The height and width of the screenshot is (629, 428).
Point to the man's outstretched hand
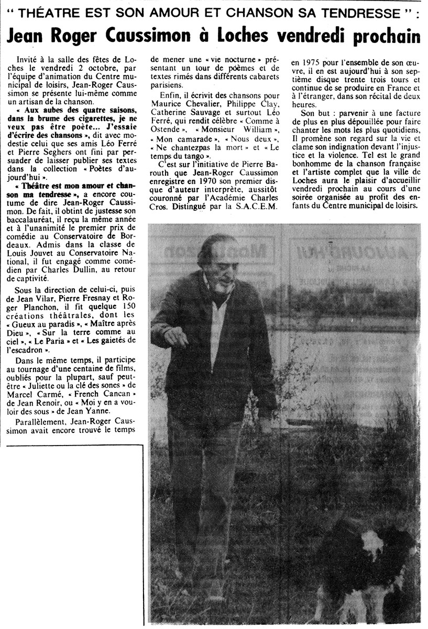[x=176, y=336]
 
